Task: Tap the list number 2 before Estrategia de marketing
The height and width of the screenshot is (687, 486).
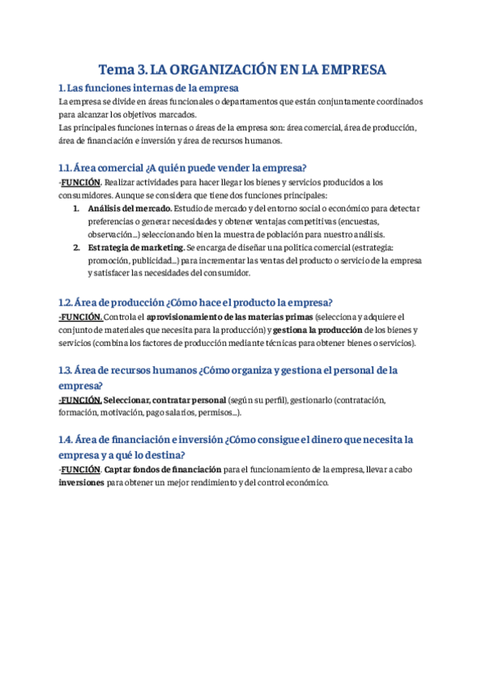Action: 75,247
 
